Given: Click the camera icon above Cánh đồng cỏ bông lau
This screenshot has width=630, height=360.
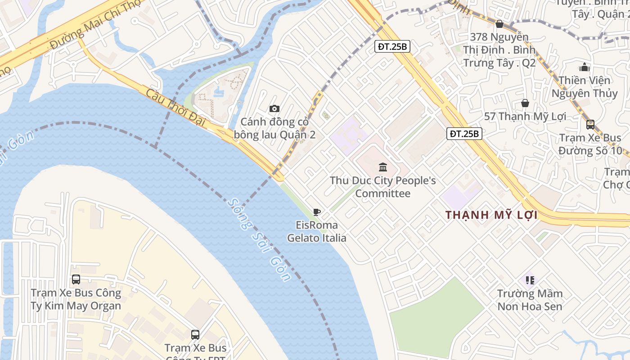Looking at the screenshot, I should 274,108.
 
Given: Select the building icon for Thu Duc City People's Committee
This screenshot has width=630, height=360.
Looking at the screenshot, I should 383,167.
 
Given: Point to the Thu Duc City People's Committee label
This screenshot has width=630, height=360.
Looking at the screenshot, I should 383,187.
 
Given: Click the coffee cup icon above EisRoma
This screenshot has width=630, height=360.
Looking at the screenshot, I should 317,212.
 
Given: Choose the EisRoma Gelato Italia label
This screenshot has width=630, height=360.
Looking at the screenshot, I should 317,231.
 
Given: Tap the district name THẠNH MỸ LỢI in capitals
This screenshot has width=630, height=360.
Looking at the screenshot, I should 491,215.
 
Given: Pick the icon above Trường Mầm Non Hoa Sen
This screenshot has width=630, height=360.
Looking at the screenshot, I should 530,280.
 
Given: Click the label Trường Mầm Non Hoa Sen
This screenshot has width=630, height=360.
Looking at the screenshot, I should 530,300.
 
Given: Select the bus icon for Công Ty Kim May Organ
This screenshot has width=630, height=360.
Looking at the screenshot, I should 76,279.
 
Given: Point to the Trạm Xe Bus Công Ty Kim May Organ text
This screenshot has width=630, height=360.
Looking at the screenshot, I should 76,299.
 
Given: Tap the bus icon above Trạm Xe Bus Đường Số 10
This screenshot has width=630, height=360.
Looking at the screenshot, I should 590,125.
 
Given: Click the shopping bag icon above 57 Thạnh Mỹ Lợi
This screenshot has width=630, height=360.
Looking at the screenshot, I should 525,103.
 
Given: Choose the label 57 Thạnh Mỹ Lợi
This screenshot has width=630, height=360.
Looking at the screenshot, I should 525,117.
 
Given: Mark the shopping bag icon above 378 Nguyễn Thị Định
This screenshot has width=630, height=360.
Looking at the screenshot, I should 499,24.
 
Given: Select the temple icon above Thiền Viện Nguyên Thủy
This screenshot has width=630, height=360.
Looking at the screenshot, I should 585,67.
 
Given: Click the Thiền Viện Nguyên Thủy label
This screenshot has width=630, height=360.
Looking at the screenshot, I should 585,87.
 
